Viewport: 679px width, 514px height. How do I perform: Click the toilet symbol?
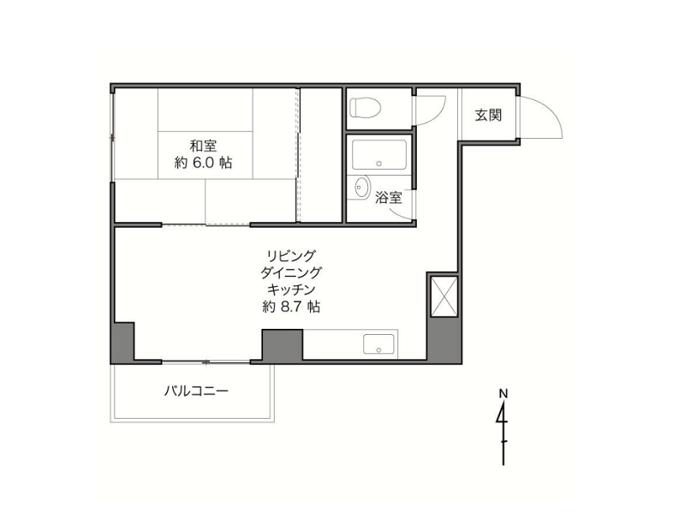365,107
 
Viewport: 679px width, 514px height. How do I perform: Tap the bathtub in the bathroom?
379,154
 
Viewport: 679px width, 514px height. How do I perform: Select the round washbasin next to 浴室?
361,187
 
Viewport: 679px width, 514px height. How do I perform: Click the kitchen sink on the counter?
379,344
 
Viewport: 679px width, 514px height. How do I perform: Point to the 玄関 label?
488,116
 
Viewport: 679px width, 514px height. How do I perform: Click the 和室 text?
204,145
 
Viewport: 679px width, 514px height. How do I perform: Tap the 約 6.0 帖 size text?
203,163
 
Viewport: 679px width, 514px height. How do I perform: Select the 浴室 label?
389,198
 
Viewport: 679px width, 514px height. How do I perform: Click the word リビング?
290,255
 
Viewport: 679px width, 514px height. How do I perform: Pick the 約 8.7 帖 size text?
291,307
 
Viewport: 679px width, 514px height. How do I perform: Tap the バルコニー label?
196,391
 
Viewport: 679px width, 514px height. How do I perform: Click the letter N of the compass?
503,393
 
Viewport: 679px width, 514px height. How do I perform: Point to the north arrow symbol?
503,433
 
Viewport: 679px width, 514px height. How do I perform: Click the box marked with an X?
444,297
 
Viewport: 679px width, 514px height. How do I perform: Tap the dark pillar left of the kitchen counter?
283,345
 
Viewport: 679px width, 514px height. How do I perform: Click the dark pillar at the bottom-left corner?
122,343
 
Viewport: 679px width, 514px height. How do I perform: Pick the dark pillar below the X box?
444,340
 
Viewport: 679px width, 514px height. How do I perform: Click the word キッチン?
290,289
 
